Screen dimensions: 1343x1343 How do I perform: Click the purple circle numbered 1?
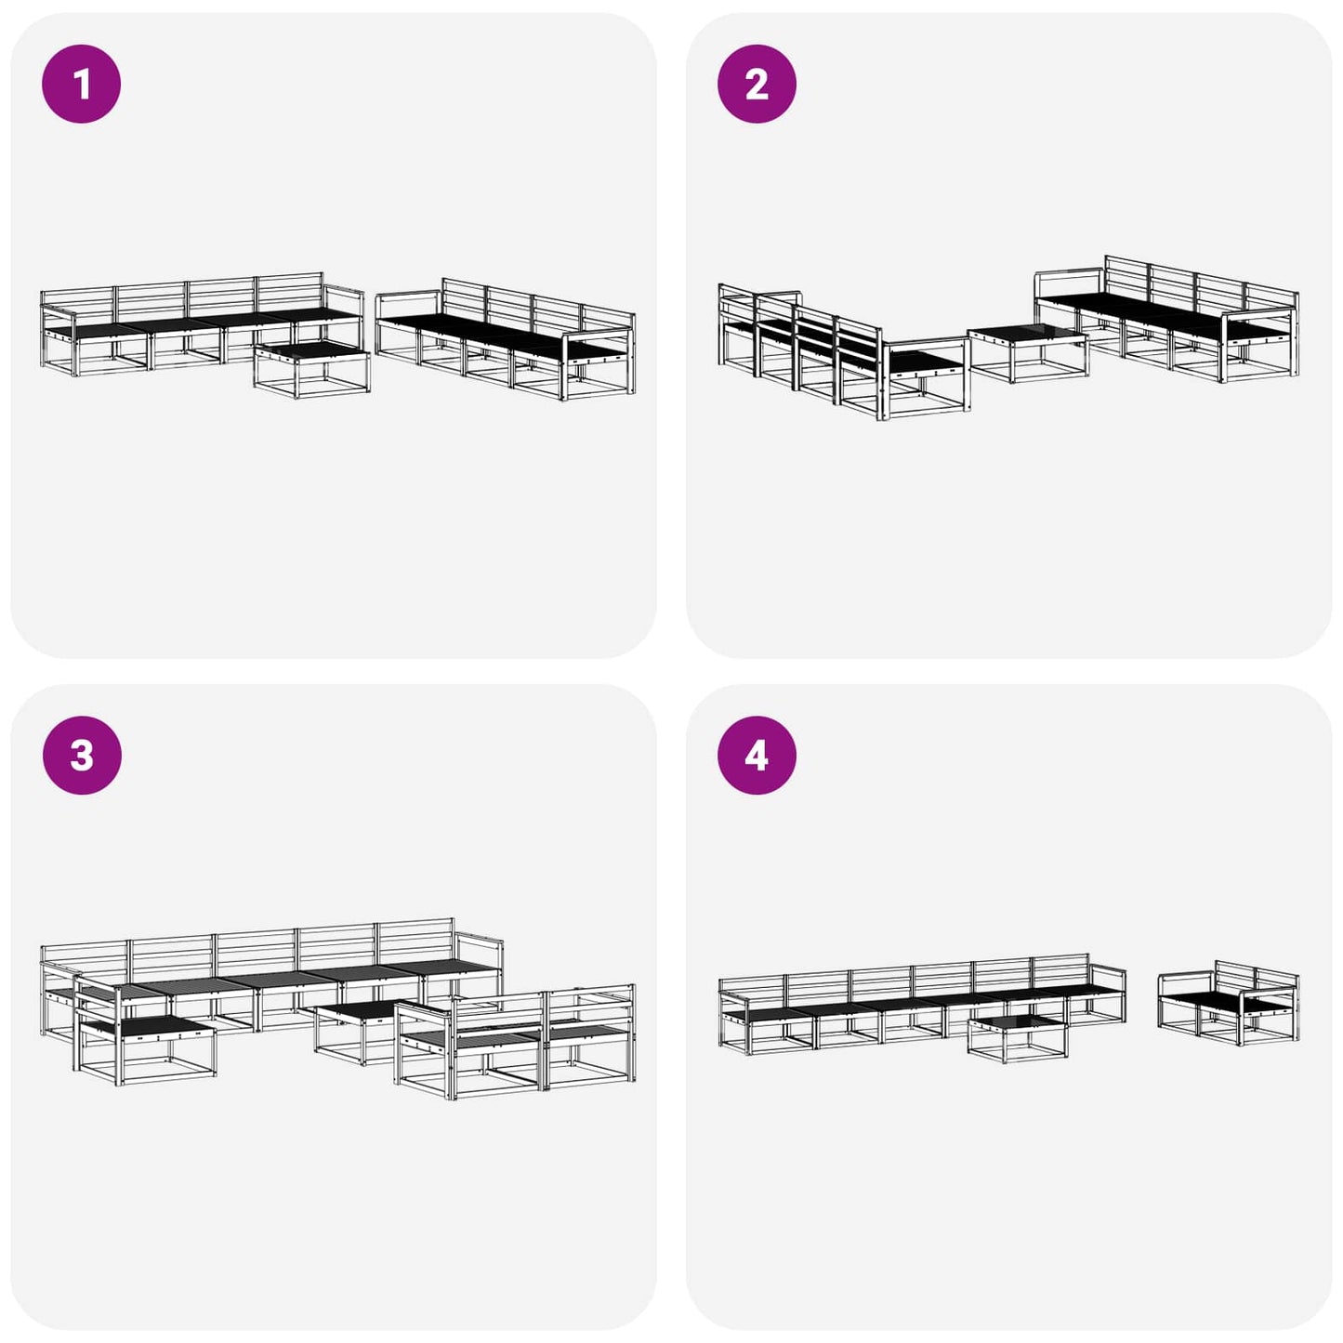82,84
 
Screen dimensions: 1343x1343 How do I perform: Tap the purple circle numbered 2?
757,84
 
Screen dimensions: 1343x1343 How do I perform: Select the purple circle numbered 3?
82,756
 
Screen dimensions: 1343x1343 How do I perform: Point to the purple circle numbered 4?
757,756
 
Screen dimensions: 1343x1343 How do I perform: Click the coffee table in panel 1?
311,369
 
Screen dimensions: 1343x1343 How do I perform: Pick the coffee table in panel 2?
1027,353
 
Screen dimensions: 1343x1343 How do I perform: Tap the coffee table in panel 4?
1018,1039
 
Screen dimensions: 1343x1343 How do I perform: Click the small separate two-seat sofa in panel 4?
1229,1003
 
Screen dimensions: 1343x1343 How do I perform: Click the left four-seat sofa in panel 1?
202,324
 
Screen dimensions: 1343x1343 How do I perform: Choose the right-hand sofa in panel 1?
506,339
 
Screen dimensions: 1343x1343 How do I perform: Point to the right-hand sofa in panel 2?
1166,319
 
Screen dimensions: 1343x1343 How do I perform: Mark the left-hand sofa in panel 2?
844,352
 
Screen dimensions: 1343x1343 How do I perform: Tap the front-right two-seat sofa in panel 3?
516,1041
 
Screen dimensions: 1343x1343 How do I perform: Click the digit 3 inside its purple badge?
82,756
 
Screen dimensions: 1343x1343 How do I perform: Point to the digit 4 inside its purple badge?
757,756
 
